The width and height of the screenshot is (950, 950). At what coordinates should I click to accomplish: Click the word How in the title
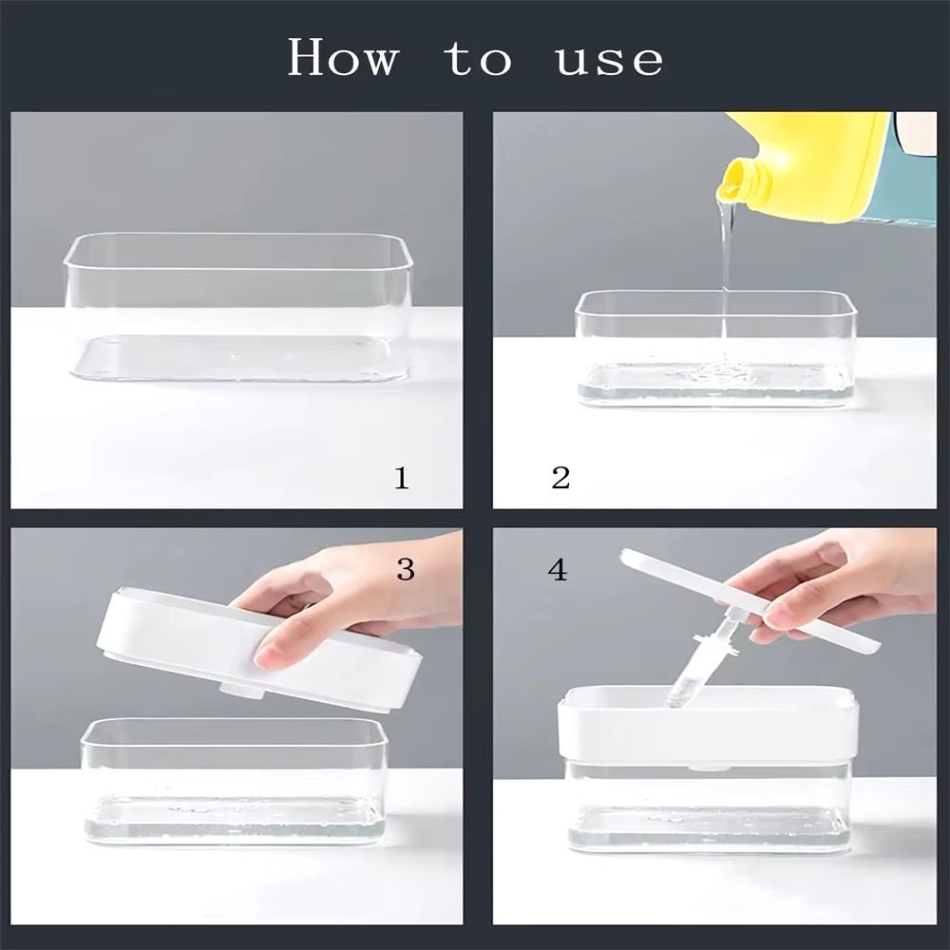[343, 57]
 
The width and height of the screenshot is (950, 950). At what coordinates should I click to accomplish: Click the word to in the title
[478, 59]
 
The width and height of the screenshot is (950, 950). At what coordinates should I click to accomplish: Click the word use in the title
[609, 62]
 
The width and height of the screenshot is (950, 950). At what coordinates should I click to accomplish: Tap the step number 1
[402, 478]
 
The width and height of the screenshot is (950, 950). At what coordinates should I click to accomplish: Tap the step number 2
[561, 478]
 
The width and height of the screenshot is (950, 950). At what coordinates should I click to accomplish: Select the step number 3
[406, 569]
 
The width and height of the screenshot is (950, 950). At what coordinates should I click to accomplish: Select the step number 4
[558, 569]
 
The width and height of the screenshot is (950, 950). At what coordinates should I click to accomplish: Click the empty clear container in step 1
[238, 307]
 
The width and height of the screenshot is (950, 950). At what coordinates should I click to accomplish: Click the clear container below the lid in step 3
[234, 782]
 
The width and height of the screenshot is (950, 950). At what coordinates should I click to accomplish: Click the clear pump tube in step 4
[703, 664]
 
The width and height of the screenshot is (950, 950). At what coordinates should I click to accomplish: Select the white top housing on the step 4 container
[708, 723]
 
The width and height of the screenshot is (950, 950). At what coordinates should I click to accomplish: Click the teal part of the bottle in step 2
[914, 181]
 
